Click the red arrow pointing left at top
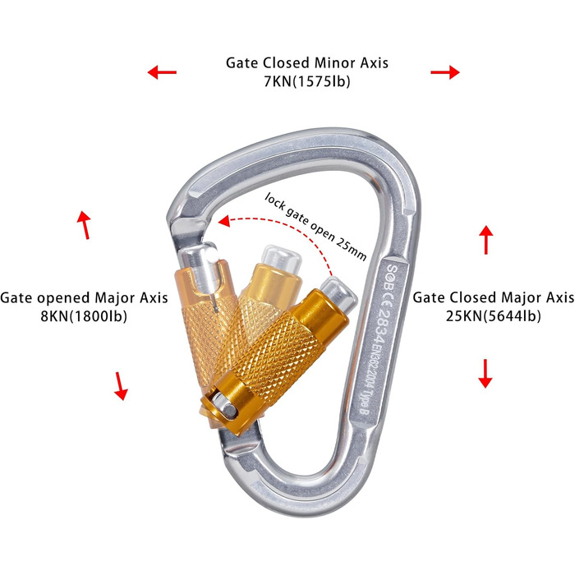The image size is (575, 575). [x=162, y=73]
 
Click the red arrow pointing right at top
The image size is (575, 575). [x=445, y=73]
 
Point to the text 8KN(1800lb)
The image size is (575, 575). [x=85, y=316]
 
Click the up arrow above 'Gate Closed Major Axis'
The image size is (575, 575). [x=485, y=239]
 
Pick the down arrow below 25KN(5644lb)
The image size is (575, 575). [x=485, y=373]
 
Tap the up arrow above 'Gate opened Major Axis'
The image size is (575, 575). [x=83, y=224]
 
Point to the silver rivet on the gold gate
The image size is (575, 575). [x=220, y=402]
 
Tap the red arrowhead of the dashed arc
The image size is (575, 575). [x=224, y=219]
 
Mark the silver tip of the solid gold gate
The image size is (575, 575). [x=337, y=289]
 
